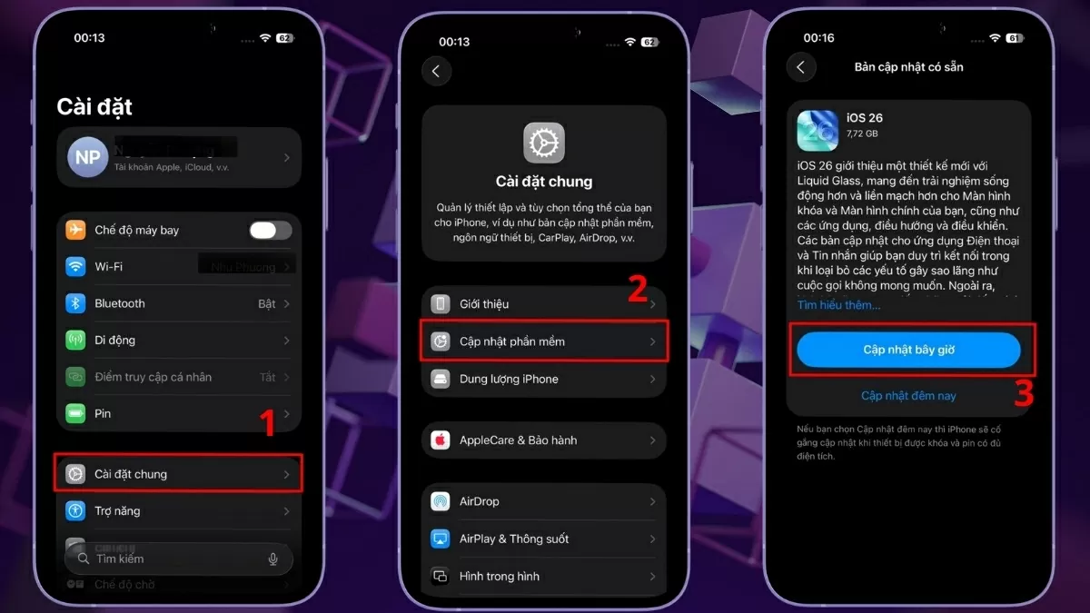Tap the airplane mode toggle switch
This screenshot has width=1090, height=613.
271,231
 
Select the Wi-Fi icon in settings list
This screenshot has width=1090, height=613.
75,267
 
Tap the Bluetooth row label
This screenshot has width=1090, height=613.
120,303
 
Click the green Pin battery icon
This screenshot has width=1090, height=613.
75,413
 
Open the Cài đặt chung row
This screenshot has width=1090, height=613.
178,474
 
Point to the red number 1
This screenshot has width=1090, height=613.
268,423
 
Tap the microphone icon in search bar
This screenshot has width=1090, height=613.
272,559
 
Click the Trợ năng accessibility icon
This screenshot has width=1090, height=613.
75,510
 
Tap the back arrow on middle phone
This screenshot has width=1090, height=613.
437,71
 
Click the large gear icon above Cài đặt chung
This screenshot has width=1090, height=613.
544,143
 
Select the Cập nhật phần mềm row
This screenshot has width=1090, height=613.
544,341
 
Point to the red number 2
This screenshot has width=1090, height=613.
638,289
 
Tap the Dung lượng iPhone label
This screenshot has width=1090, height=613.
509,379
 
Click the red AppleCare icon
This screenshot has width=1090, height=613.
441,440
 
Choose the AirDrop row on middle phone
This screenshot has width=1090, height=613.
544,501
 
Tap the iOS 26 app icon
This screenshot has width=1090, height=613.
817,131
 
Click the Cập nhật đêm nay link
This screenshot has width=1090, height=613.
908,396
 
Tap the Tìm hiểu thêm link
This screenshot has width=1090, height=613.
838,305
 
